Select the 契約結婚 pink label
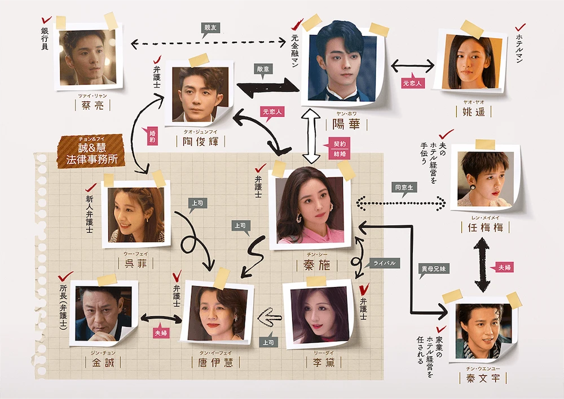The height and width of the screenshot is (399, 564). coord(339,149)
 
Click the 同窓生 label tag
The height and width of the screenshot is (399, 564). coord(404,188)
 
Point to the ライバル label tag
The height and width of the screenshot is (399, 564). coord(384,264)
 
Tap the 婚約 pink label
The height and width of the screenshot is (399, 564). coord(152,136)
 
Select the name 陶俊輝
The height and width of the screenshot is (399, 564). coord(201,141)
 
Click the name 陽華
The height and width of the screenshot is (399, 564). coord(346,124)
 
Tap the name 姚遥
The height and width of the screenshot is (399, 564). coord(473,112)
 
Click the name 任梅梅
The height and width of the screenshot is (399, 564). coord(485,227)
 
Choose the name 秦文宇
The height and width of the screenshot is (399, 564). coord(483,378)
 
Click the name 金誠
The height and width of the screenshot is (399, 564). coord(103,362)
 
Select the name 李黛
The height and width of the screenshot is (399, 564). coord(324,362)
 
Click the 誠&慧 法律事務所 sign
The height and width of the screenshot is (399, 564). coord(92,152)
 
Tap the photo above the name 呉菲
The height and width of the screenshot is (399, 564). coord(136,213)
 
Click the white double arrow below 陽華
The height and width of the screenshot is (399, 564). coord(311,136)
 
